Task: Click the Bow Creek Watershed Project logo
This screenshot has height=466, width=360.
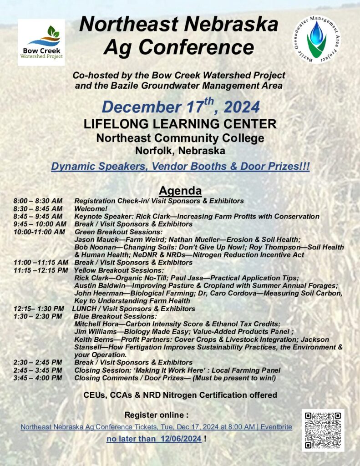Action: (41, 42)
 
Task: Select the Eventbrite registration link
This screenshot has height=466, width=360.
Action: (156, 427)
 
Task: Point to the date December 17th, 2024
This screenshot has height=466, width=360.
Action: (181, 107)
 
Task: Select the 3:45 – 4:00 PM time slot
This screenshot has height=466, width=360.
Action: (38, 378)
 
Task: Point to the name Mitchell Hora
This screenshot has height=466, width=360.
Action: (95, 324)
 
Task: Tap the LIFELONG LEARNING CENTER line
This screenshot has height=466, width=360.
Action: (180, 123)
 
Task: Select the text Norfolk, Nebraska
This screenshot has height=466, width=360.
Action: (180, 150)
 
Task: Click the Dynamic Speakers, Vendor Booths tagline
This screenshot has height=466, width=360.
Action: (180, 167)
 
